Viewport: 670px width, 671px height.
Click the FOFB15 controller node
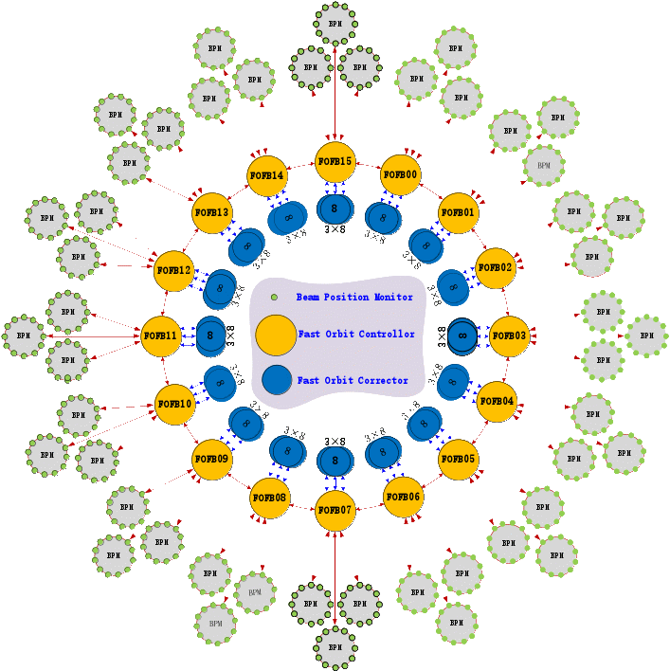(x=335, y=162)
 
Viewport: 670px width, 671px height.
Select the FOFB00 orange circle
(x=401, y=175)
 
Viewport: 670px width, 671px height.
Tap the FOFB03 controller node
(x=509, y=336)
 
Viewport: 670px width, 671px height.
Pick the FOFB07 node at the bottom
(x=335, y=511)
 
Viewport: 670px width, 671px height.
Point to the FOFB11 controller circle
(x=161, y=336)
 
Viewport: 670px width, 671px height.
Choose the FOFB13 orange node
(x=211, y=212)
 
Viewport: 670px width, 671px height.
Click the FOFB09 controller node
(x=211, y=460)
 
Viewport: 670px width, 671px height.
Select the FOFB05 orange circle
(x=458, y=460)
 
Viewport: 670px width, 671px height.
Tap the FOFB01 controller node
(x=458, y=212)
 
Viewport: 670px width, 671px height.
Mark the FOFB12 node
(x=173, y=271)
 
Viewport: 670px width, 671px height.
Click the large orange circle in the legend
(x=276, y=335)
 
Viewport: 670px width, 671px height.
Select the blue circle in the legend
(x=277, y=380)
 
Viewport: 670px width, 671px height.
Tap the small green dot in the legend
(x=274, y=298)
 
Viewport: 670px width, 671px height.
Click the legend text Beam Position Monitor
(x=354, y=298)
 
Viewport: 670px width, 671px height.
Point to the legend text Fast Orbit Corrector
(x=353, y=381)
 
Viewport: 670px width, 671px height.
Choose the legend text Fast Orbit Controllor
(x=356, y=335)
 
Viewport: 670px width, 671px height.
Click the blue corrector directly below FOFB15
(x=334, y=208)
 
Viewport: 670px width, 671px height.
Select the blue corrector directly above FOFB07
(x=335, y=462)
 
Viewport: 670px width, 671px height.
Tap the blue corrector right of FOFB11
(x=210, y=335)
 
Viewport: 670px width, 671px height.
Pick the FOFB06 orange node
(x=403, y=498)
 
